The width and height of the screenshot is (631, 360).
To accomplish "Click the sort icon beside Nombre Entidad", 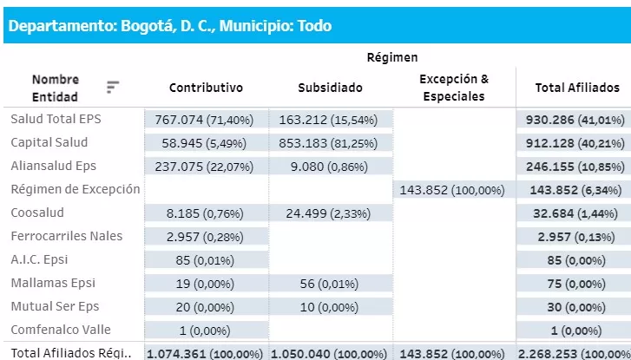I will [113, 87].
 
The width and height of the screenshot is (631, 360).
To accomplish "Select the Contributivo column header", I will [206, 88].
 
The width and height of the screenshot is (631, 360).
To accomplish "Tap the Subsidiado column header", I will [330, 88].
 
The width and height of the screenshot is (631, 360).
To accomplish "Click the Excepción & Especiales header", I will [453, 88].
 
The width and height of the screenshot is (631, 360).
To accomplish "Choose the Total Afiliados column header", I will [576, 88].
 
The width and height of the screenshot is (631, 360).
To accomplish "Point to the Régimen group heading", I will [392, 57].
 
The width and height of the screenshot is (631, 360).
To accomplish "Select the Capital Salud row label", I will [49, 142].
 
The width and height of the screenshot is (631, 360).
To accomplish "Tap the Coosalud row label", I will [37, 213].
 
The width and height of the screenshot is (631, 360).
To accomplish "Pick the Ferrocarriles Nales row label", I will [67, 236].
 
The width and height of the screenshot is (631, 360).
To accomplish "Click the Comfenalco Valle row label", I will [60, 330].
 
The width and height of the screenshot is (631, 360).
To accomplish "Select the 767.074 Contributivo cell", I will [206, 119].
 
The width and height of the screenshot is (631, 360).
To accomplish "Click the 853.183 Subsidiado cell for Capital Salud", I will [330, 142].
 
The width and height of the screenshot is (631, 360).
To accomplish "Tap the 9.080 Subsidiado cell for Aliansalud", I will [330, 166].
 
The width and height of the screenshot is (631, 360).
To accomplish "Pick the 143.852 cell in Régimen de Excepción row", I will [453, 189].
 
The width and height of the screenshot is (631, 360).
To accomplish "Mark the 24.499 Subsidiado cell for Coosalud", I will [330, 213].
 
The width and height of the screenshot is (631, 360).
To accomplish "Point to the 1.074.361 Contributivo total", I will [206, 353].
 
